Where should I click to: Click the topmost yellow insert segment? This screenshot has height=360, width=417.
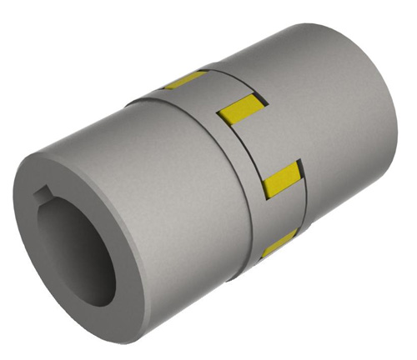click(x=185, y=80)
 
